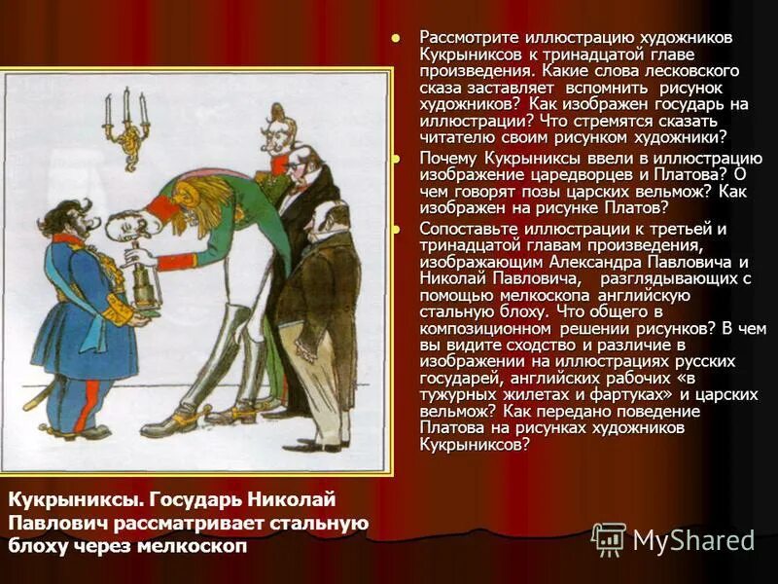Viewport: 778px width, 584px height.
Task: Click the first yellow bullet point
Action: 395,37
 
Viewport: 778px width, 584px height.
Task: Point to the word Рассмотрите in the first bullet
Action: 464,37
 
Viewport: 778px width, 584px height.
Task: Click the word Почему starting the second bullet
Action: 447,158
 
